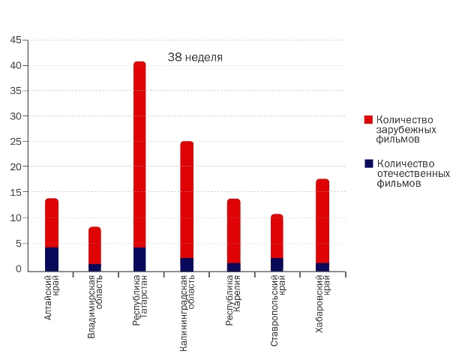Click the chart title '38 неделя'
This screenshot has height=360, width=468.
pos(195,57)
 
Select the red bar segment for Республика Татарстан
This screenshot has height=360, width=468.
pos(139,154)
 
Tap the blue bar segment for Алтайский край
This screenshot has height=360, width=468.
pos(52,259)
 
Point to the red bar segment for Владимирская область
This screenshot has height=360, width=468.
pos(94,245)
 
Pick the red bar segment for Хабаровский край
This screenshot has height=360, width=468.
pos(322,221)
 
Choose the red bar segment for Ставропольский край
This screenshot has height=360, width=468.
pos(277,236)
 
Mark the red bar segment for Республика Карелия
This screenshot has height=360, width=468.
pos(233,231)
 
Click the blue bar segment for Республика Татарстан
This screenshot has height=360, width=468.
pos(139,259)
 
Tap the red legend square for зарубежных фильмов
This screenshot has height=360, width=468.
pos(368,120)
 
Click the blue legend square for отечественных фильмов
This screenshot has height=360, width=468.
pos(368,163)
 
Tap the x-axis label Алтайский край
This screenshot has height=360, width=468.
pos(52,298)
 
